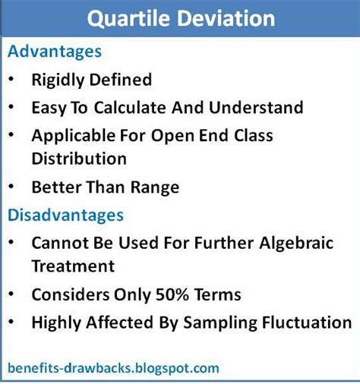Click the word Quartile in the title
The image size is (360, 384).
pyautogui.click(x=128, y=20)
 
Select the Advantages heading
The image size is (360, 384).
pyautogui.click(x=55, y=52)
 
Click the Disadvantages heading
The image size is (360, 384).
pyautogui.click(x=66, y=215)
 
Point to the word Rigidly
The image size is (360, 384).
pyautogui.click(x=58, y=80)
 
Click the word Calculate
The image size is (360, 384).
pyautogui.click(x=130, y=108)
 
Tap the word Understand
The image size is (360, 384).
pyautogui.click(x=256, y=108)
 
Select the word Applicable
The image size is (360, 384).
pyautogui.click(x=74, y=136)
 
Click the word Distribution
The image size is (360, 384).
pyautogui.click(x=79, y=159)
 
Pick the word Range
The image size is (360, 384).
pyautogui.click(x=155, y=188)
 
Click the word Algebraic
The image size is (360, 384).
pyautogui.click(x=296, y=244)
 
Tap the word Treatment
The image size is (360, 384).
pyautogui.click(x=73, y=266)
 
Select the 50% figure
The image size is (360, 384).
pyautogui.click(x=172, y=294)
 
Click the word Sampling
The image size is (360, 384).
pyautogui.click(x=220, y=323)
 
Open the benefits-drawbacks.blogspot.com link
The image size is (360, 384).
pyautogui.click(x=113, y=368)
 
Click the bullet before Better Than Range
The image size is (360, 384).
pyautogui.click(x=11, y=187)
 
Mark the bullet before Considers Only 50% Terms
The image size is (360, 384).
pyautogui.click(x=11, y=294)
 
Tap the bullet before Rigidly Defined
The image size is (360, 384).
pyautogui.click(x=11, y=79)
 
